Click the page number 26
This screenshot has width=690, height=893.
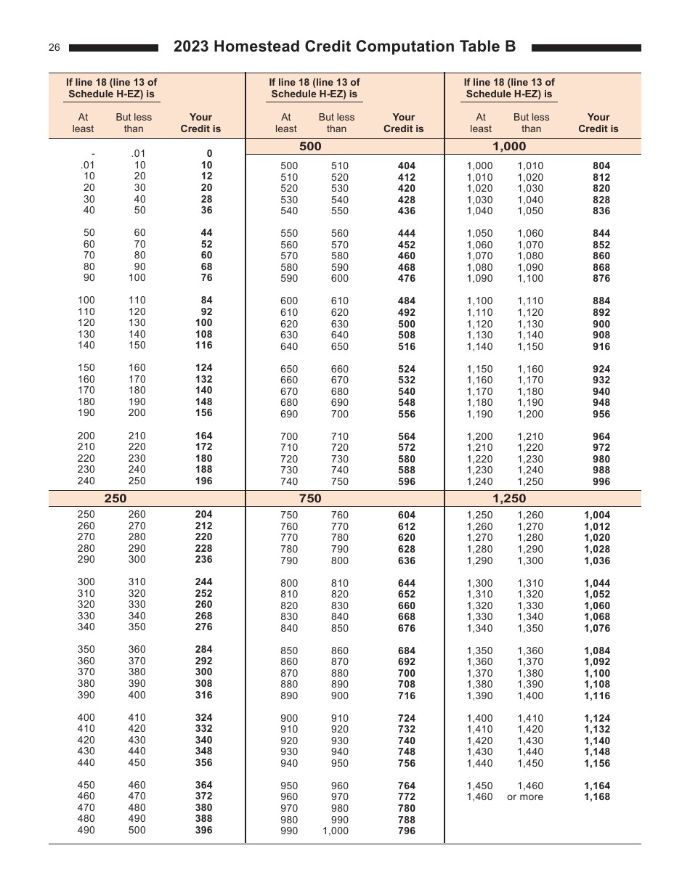click(x=54, y=48)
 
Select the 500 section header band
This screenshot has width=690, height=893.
click(x=310, y=147)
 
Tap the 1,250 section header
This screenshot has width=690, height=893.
click(x=509, y=499)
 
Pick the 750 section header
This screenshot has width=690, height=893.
click(x=310, y=499)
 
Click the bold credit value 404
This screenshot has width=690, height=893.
click(x=407, y=166)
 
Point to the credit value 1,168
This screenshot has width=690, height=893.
click(x=597, y=797)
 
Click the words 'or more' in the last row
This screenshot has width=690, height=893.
click(x=524, y=797)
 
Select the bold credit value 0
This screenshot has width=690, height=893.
click(x=209, y=154)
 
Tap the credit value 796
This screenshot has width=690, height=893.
click(x=407, y=831)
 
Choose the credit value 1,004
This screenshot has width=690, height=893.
click(x=597, y=515)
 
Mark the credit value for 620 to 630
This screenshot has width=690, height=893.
click(x=407, y=324)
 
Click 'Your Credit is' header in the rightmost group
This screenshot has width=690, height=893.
click(x=598, y=123)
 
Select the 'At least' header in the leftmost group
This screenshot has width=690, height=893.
click(x=83, y=123)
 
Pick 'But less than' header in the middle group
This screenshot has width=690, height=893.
click(x=336, y=123)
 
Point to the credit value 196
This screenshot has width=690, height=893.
click(x=204, y=481)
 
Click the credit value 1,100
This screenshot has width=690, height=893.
click(x=597, y=673)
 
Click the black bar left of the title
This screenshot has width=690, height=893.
click(x=113, y=48)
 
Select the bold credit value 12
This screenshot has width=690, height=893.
click(x=207, y=176)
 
